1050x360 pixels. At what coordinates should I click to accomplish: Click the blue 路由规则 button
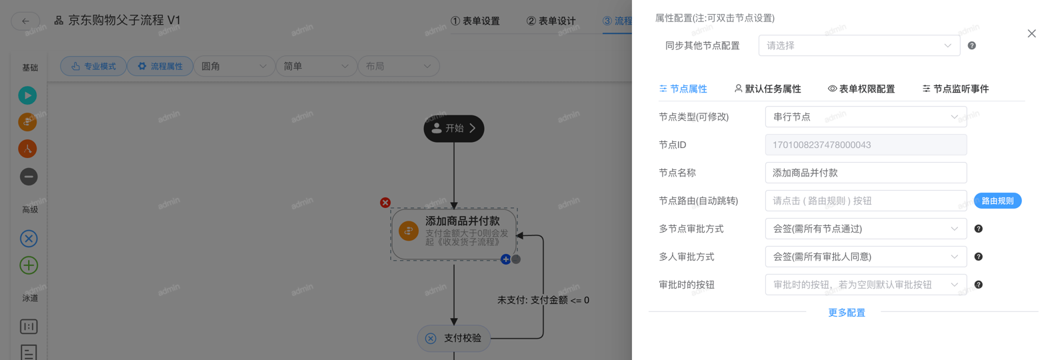tap(997, 201)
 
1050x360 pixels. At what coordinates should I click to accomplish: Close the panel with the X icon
tap(1031, 33)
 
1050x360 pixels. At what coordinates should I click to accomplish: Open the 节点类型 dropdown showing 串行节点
tap(865, 117)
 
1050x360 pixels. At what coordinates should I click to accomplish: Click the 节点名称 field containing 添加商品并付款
tap(865, 173)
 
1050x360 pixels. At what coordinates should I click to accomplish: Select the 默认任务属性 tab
tap(767, 89)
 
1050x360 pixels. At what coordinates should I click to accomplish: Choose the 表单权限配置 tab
tap(861, 89)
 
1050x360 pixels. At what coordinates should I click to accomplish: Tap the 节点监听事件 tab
tap(955, 89)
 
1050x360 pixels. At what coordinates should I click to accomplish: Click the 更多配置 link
tap(846, 313)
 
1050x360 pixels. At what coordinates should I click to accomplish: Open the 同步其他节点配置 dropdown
tap(859, 45)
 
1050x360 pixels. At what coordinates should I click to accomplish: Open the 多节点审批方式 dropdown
tap(865, 229)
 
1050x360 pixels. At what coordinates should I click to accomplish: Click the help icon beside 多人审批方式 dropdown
tap(978, 257)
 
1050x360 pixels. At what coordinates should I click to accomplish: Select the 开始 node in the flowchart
tap(454, 128)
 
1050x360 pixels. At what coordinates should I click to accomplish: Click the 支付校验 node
tap(454, 338)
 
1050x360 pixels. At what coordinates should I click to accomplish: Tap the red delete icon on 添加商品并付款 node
tap(385, 203)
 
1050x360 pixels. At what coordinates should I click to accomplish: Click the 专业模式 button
tap(93, 66)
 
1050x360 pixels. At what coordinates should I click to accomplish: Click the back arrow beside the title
tap(25, 21)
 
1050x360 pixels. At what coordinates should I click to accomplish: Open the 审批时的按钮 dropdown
tap(865, 285)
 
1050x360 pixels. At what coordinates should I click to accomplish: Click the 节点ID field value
tap(865, 145)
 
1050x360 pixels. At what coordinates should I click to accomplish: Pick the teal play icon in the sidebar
tap(27, 95)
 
